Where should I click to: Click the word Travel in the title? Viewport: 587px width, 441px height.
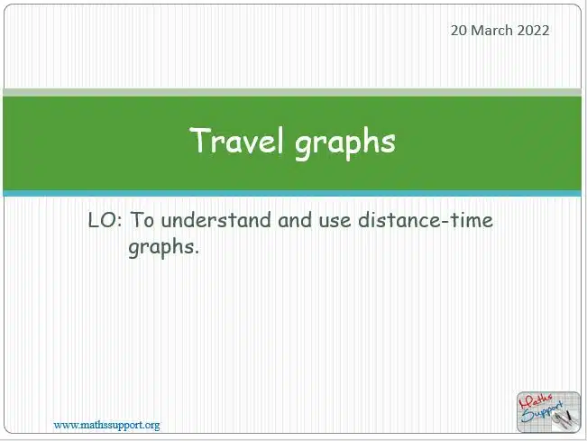[x=237, y=141]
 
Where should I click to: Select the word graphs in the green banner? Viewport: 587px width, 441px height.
[x=344, y=143]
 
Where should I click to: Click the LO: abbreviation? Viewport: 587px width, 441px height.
[x=105, y=220]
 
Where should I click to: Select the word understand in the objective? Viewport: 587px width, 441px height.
[x=216, y=220]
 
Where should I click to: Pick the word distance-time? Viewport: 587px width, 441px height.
[x=426, y=220]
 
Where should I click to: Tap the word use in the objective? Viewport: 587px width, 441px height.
[x=335, y=221]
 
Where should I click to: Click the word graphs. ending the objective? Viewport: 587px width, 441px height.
[x=163, y=247]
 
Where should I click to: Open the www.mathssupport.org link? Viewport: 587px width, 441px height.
[x=106, y=426]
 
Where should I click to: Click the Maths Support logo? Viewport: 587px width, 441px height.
[x=548, y=412]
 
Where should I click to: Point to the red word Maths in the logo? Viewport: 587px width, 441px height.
[x=536, y=402]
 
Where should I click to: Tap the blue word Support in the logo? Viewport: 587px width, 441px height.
[x=542, y=412]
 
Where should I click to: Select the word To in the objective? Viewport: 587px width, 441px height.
[x=142, y=220]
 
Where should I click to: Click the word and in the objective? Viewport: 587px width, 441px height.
[x=295, y=220]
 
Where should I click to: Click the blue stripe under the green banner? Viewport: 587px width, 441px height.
[x=292, y=194]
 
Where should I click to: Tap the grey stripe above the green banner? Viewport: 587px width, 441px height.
[x=292, y=93]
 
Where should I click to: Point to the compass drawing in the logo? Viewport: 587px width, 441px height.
[x=564, y=419]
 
